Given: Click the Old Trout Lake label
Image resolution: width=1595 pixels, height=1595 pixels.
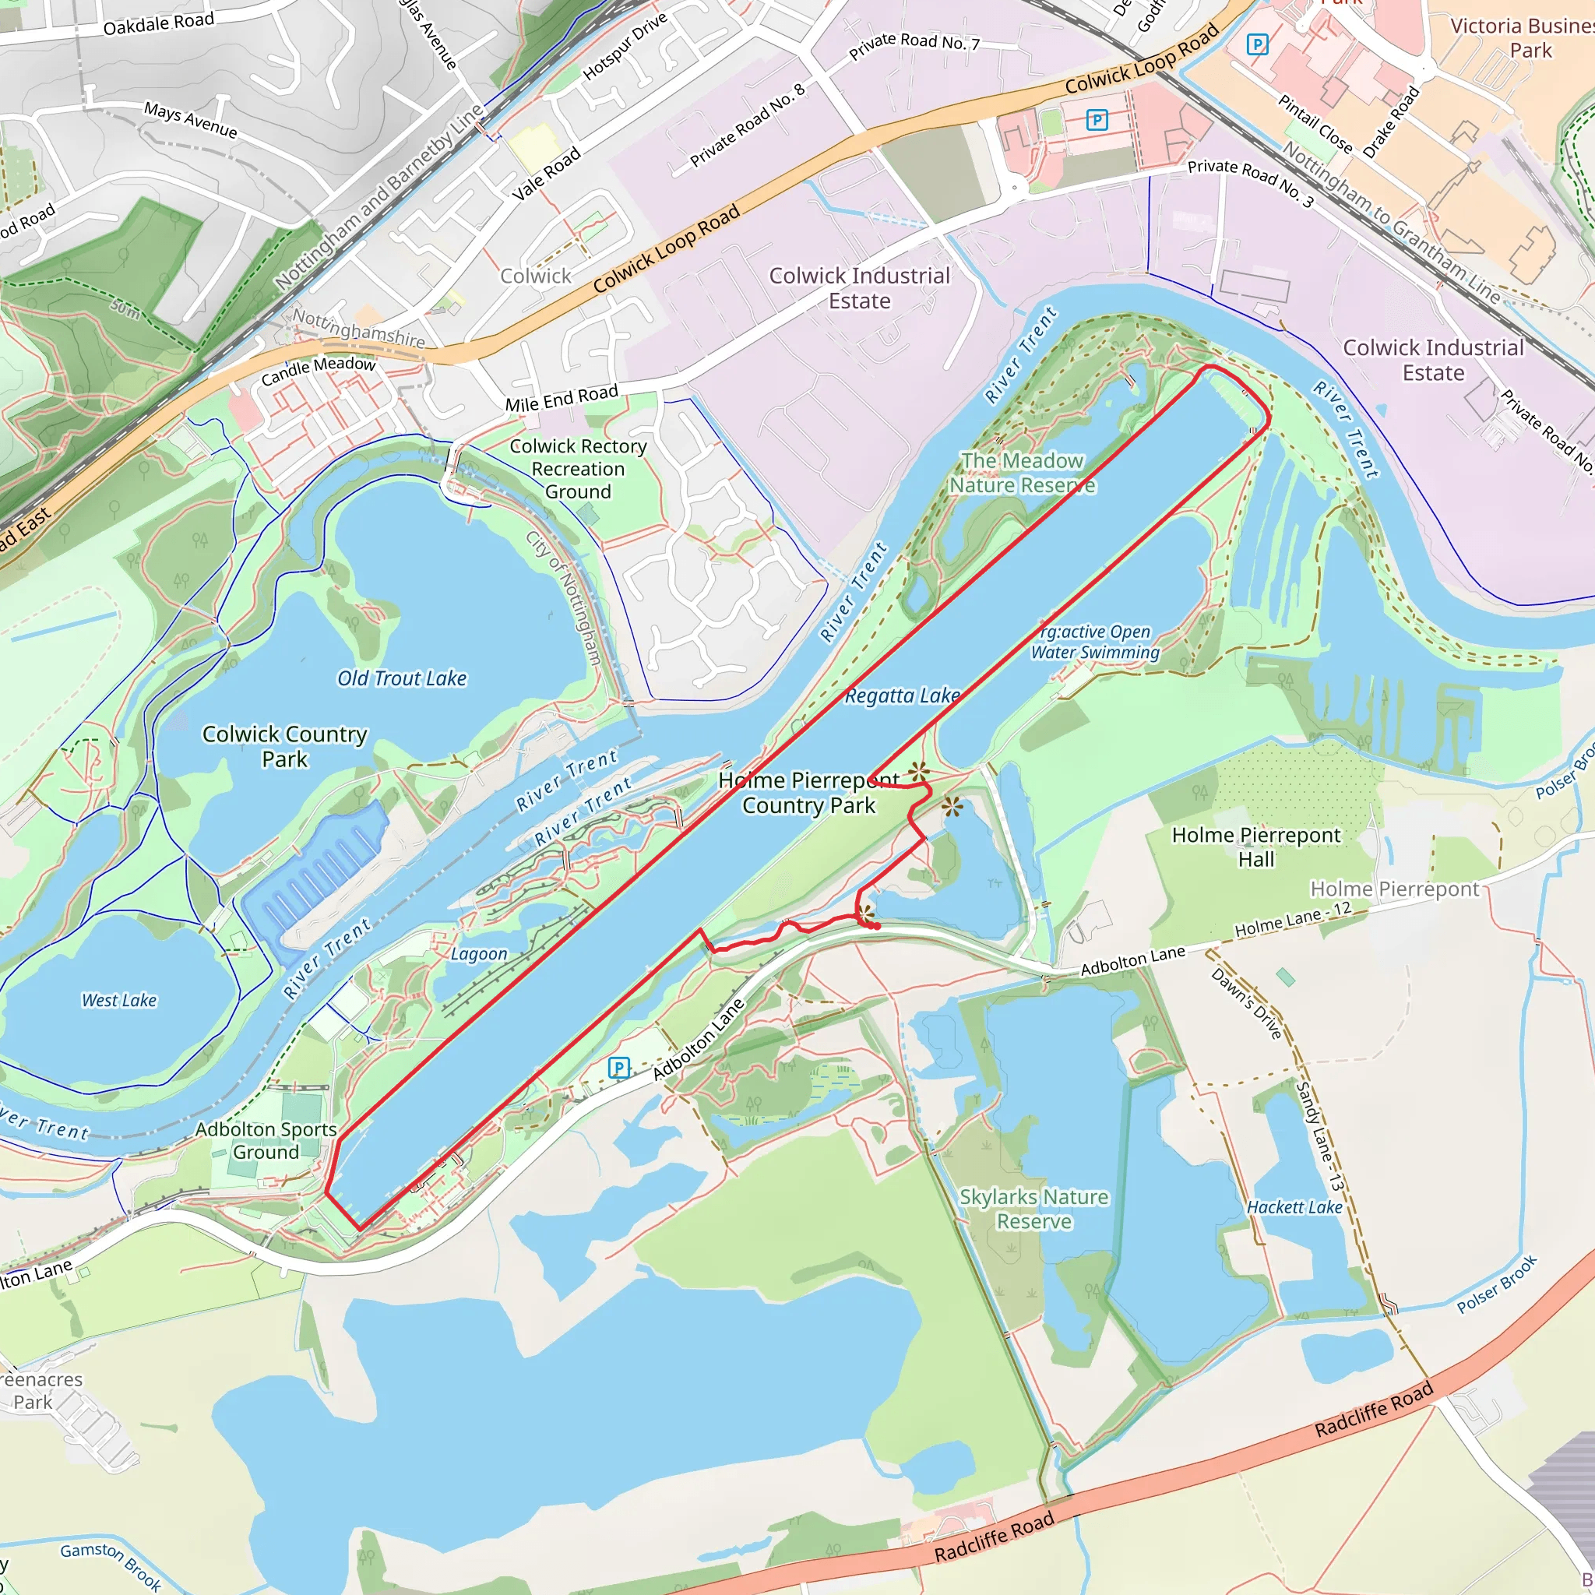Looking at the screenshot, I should point(402,678).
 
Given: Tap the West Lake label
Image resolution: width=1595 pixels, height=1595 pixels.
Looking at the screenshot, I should point(119,1001).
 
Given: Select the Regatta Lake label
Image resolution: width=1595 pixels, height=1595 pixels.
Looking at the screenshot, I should point(903,696).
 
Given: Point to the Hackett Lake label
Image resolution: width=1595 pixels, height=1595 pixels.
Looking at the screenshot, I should point(1294,1207).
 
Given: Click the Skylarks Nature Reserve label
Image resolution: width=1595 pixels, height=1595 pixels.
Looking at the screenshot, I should point(1033,1209).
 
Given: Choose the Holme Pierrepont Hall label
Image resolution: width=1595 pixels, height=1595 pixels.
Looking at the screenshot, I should point(1255,847).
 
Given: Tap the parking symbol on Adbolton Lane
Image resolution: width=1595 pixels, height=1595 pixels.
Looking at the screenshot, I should point(619,1069).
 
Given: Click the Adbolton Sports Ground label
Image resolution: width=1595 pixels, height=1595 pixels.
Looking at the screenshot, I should point(266,1140).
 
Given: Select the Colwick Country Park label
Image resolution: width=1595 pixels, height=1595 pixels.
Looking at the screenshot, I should point(285,746).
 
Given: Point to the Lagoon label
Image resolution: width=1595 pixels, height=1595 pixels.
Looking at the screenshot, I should point(479,954).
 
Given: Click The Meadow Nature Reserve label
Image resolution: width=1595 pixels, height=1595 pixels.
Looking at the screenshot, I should point(1022,473).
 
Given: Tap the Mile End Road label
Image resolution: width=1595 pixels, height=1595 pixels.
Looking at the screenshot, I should point(562,399).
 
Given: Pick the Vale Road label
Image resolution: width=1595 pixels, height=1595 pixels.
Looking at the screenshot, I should point(547,174).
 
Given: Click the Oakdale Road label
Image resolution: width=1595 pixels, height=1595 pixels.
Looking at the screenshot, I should point(159,23).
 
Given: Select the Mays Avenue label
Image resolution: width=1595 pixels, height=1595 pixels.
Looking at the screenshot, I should point(191,120).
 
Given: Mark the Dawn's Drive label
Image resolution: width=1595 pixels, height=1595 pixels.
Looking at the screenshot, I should point(1247,1003).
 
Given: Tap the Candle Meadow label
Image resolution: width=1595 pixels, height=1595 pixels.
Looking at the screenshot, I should point(318,371).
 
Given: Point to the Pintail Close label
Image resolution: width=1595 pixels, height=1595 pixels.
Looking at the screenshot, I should point(1315,125).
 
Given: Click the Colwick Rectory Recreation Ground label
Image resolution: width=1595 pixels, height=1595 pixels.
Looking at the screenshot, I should point(578,469).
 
